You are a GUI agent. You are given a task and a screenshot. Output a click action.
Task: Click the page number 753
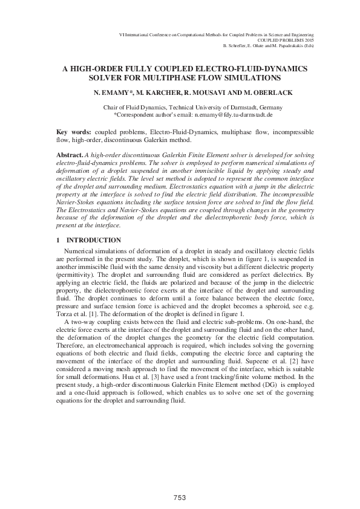click(x=179, y=497)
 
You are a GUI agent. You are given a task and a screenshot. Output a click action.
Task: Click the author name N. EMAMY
click(x=112, y=94)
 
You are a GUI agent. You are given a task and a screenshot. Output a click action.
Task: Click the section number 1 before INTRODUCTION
click(x=57, y=241)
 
